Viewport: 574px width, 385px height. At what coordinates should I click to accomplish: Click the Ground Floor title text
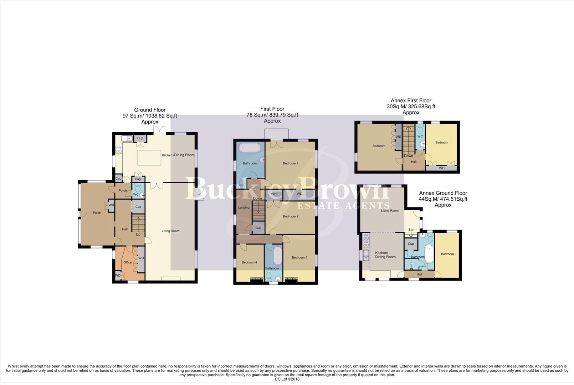[150, 110]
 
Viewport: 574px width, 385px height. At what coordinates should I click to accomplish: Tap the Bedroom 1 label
[291, 163]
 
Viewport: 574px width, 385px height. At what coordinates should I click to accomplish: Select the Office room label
[127, 262]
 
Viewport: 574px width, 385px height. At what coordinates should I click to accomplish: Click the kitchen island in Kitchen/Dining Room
[149, 157]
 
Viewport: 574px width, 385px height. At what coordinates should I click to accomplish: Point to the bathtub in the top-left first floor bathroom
[250, 148]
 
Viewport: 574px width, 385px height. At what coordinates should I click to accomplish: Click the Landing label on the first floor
[244, 207]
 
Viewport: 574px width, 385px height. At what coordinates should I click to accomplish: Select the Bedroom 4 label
[249, 262]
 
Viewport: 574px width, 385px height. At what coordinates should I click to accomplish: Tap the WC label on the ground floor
[136, 195]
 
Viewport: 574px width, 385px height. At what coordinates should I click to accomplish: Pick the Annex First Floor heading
[411, 101]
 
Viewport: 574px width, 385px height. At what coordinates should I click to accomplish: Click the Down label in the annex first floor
[409, 156]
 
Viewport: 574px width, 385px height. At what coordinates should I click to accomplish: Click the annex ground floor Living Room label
[390, 211]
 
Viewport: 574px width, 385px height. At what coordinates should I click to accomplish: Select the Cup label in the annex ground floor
[411, 244]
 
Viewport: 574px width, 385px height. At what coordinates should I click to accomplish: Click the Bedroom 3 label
[299, 257]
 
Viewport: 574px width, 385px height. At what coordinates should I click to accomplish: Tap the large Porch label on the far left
[97, 213]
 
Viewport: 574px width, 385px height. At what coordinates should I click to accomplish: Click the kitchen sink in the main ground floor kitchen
[126, 138]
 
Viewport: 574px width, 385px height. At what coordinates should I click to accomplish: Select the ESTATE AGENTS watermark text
[343, 206]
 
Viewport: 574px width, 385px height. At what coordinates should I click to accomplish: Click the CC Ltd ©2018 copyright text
[287, 379]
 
